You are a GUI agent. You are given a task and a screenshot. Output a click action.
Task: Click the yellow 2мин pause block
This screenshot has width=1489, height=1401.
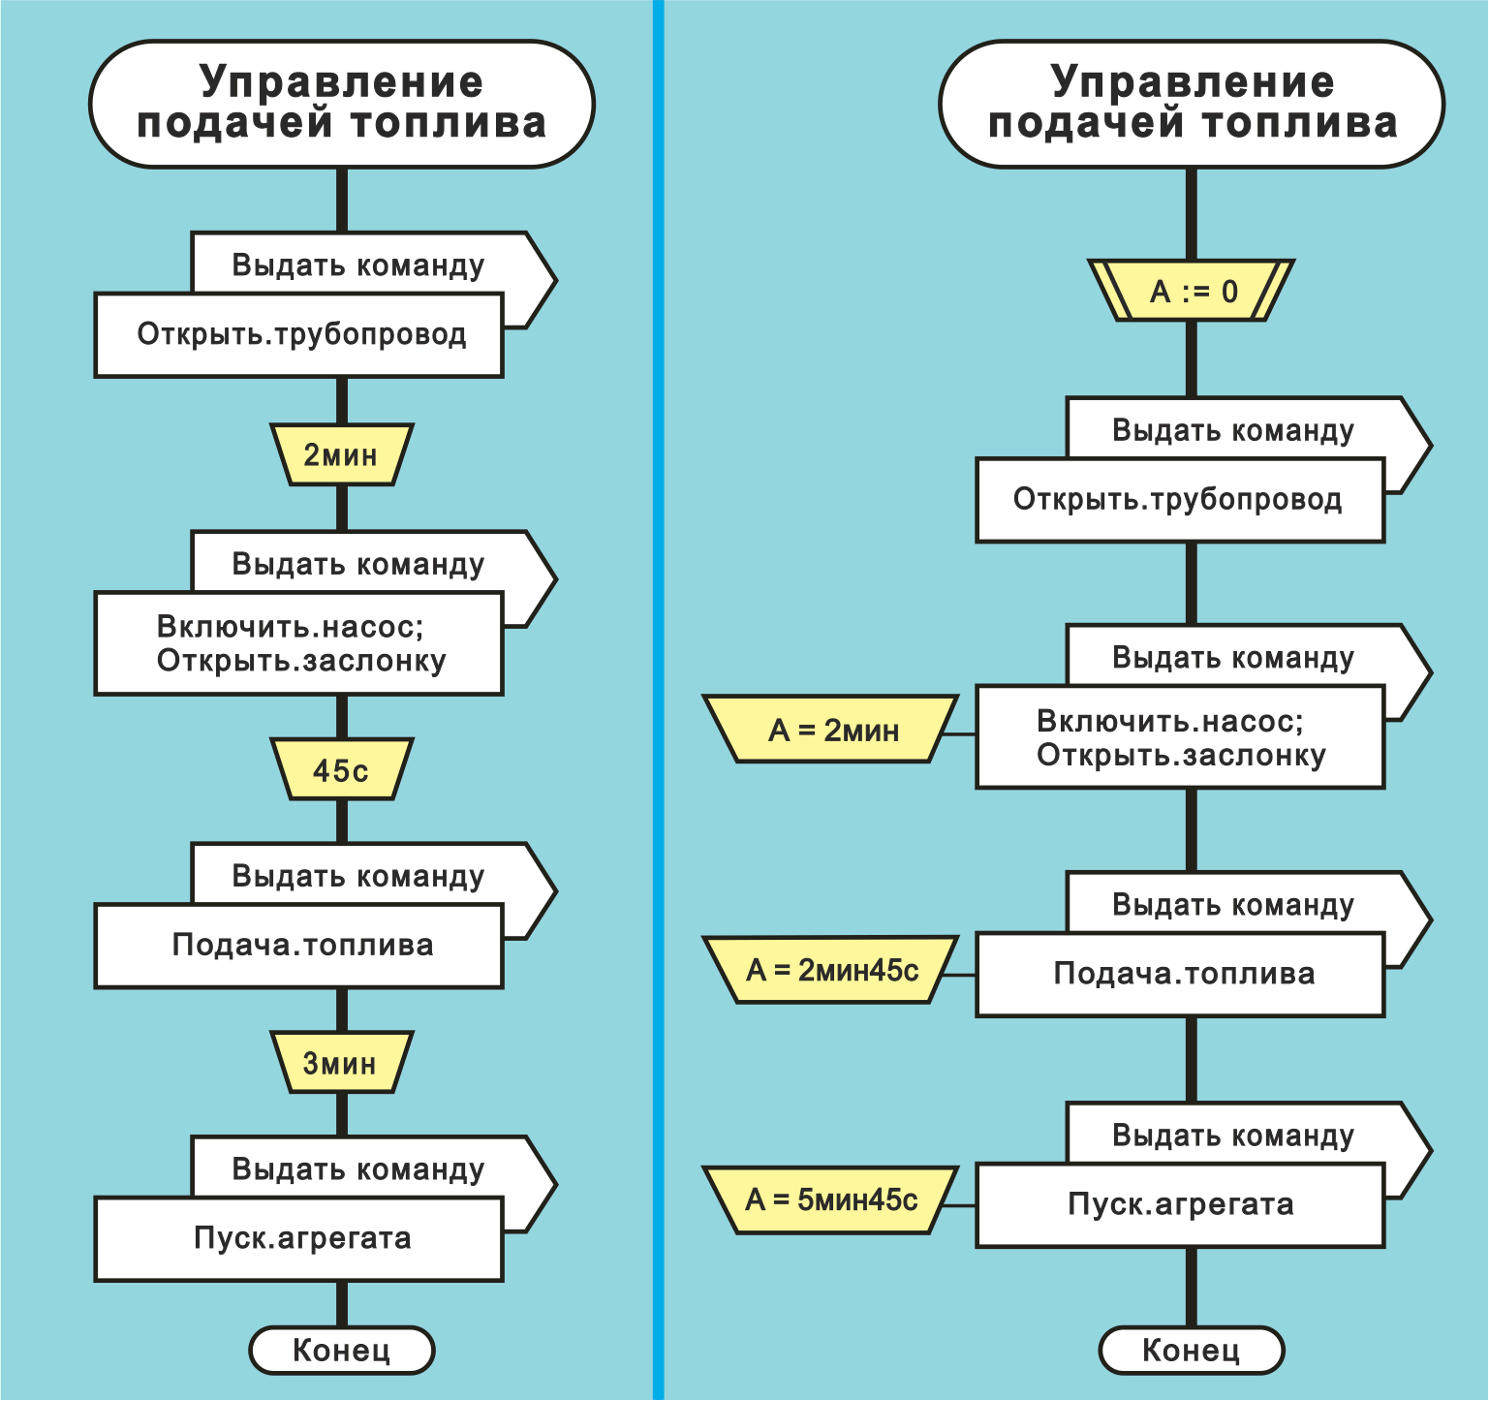pyautogui.click(x=341, y=454)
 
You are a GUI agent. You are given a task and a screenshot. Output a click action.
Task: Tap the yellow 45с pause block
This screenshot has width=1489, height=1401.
pyautogui.click(x=341, y=770)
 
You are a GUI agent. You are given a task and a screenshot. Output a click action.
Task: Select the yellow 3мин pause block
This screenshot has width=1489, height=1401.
pyautogui.click(x=341, y=1063)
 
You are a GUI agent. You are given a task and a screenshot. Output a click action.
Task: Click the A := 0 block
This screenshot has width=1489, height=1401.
pyautogui.click(x=1192, y=291)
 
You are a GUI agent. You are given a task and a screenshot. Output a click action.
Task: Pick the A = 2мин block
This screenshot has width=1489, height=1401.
pyautogui.click(x=832, y=730)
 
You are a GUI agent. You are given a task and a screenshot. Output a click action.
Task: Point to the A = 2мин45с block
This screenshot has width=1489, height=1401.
pyautogui.click(x=832, y=970)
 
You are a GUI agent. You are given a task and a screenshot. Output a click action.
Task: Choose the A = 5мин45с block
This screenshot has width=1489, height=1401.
pyautogui.click(x=832, y=1199)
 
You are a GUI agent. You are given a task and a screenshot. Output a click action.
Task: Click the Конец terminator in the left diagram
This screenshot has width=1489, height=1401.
pyautogui.click(x=341, y=1350)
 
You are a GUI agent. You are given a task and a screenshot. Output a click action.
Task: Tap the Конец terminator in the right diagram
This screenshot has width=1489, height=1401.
pyautogui.click(x=1191, y=1350)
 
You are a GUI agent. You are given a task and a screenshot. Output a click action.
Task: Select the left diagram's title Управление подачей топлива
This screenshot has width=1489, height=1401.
pyautogui.click(x=341, y=104)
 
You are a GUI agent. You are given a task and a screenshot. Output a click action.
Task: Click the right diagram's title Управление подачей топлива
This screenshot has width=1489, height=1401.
pyautogui.click(x=1192, y=104)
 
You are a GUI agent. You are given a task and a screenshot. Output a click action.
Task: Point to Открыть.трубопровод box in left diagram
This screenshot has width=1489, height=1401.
pyautogui.click(x=299, y=335)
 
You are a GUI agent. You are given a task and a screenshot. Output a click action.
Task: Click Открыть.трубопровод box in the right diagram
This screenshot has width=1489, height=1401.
pyautogui.click(x=1179, y=500)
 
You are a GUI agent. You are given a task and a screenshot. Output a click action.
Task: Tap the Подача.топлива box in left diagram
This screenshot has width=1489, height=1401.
pyautogui.click(x=299, y=946)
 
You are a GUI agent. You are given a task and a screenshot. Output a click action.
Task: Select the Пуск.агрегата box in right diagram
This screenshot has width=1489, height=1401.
pyautogui.click(x=1179, y=1204)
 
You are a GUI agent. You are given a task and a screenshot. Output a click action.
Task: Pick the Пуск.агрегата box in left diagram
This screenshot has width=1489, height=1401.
pyautogui.click(x=299, y=1239)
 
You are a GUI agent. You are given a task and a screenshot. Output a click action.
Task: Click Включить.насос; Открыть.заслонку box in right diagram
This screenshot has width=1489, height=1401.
pyautogui.click(x=1179, y=738)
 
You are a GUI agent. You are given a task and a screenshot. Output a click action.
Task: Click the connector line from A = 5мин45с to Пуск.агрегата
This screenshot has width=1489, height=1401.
pyautogui.click(x=959, y=1205)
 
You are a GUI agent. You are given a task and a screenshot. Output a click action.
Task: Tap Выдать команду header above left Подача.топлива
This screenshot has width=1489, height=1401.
pyautogui.click(x=358, y=876)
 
